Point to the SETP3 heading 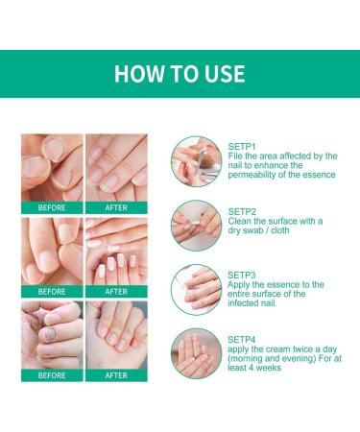coord(242,274)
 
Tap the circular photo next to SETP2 coord(196,225)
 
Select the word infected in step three coord(249,306)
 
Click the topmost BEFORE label coord(52,206)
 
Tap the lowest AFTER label coord(116,375)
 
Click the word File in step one coord(236,156)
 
